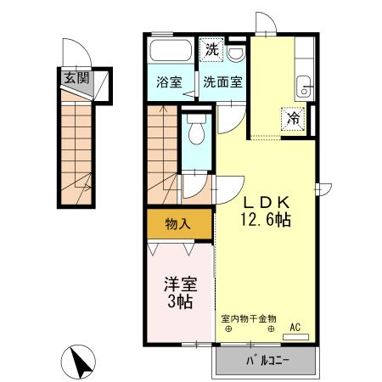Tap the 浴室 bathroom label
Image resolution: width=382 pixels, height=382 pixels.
point(170,82)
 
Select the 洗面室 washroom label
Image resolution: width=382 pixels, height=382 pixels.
point(222,82)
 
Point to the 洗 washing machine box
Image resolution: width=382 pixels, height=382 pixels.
point(211,50)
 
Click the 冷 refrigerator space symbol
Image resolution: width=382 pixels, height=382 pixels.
point(292,120)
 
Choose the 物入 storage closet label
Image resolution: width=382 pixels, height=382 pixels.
point(177,225)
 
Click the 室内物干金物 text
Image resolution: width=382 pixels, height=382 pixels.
point(247,319)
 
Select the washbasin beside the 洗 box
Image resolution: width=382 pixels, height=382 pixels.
point(235,52)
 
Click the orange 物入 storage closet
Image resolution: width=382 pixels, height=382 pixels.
point(177,225)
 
